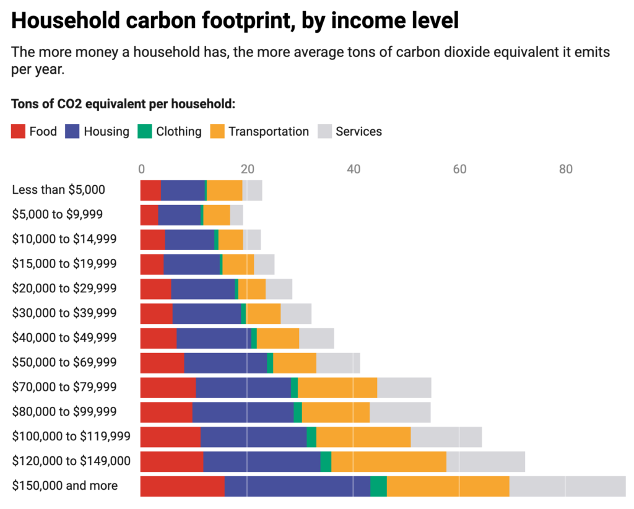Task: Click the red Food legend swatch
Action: tap(19, 131)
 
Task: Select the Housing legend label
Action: tap(106, 131)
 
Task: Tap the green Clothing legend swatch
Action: tap(144, 131)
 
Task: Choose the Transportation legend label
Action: tap(268, 131)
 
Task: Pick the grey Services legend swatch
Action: tap(324, 131)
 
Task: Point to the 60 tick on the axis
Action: tap(459, 169)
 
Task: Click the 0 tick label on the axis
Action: tap(141, 169)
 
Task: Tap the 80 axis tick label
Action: tap(565, 169)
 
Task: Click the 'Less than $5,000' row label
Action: tap(58, 190)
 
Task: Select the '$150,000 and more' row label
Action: tap(64, 485)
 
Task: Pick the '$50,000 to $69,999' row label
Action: tap(64, 362)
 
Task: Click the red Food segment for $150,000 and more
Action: tap(182, 486)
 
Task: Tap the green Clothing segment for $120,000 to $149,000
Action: tap(326, 462)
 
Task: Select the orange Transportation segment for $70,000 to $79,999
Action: tap(337, 388)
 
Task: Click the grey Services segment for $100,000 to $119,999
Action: tap(446, 437)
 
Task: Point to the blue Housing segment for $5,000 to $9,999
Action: tap(179, 215)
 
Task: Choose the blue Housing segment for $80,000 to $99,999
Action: tap(243, 412)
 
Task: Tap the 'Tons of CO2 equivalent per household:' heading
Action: tap(123, 103)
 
